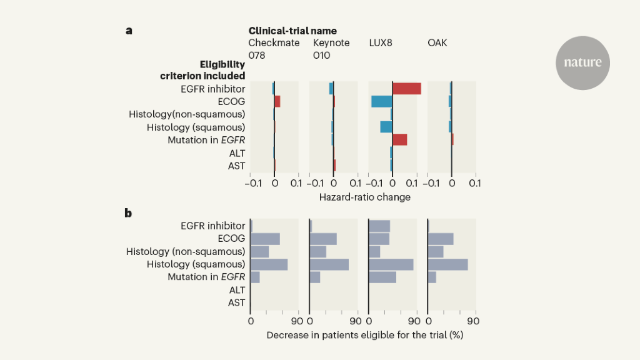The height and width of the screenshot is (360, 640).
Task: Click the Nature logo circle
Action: (582, 62)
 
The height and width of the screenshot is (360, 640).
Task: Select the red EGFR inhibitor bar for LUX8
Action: (407, 89)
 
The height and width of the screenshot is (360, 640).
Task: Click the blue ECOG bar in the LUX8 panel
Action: (382, 101)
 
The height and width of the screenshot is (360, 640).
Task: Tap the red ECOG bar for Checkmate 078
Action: (277, 101)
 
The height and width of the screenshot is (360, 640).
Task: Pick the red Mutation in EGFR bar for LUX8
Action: (400, 139)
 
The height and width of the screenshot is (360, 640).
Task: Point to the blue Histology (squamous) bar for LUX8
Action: (386, 127)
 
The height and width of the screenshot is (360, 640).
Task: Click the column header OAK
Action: (437, 43)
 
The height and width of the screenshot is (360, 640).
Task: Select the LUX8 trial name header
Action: (381, 43)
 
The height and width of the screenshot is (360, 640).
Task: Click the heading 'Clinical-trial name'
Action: (292, 31)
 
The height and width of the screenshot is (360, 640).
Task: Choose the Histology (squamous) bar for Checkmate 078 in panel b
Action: (269, 264)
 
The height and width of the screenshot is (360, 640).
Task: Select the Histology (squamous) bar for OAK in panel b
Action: (448, 264)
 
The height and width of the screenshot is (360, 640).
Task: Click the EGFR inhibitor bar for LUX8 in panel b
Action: (379, 226)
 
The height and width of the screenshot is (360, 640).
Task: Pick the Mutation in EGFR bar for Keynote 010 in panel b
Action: (315, 277)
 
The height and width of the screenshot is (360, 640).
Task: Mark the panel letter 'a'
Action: (128, 30)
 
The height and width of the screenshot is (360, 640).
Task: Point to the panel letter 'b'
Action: (128, 212)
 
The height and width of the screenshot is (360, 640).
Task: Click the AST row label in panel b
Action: (236, 302)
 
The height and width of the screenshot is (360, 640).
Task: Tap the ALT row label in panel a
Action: (236, 152)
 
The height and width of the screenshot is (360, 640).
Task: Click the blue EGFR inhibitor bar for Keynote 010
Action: (331, 89)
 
